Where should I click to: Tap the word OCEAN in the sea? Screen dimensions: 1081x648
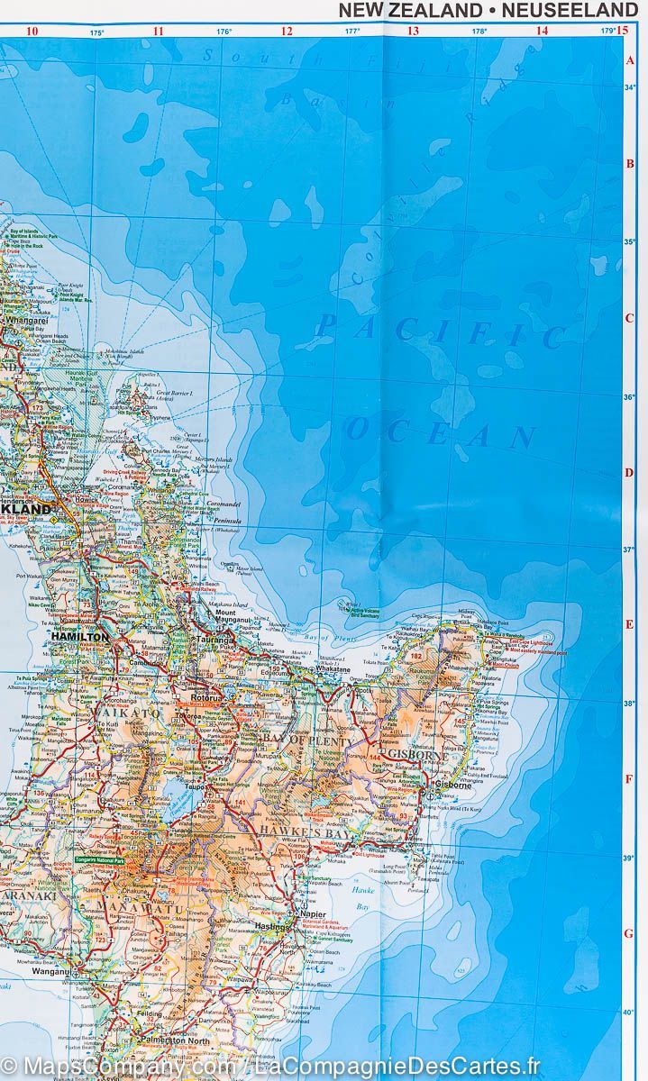pyautogui.click(x=442, y=432)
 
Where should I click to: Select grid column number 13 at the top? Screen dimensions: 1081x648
pyautogui.click(x=414, y=31)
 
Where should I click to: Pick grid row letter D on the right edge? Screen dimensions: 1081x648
pyautogui.click(x=630, y=471)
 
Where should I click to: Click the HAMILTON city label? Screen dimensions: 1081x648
pyautogui.click(x=80, y=636)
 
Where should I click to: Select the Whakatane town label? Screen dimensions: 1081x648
pyautogui.click(x=333, y=670)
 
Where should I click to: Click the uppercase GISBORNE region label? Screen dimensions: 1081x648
pyautogui.click(x=415, y=753)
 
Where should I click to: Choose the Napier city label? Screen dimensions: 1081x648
pyautogui.click(x=312, y=913)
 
